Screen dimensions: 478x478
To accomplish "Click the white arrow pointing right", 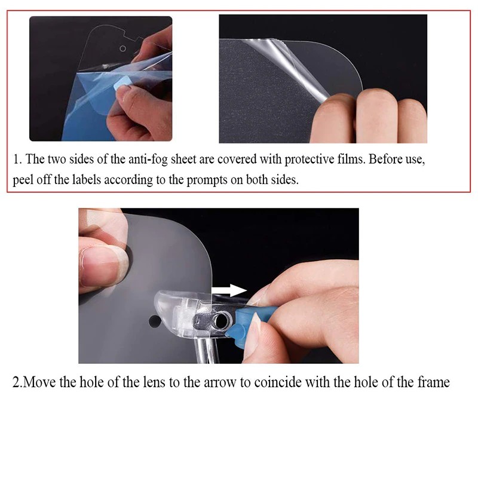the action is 229,290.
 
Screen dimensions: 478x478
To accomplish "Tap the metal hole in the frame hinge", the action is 220,321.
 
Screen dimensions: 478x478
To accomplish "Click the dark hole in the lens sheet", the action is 155,321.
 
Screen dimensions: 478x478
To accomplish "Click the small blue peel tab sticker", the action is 122,82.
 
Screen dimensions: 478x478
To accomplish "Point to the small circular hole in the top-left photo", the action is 122,48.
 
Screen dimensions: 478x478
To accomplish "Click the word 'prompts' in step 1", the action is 207,180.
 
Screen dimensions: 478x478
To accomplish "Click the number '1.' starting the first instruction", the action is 17,160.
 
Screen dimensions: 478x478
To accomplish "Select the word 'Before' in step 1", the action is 385,160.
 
